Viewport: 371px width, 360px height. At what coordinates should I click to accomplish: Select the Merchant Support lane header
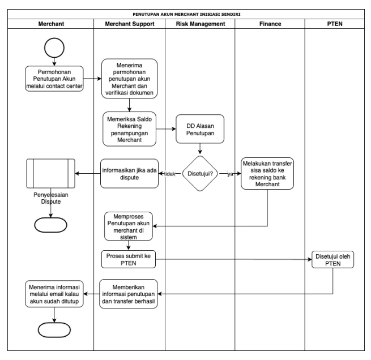[x=129, y=24]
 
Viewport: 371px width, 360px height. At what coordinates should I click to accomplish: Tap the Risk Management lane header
[x=199, y=24]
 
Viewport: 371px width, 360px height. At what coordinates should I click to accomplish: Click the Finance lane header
[x=270, y=24]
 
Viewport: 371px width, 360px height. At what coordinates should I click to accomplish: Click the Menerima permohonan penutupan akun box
[x=129, y=79]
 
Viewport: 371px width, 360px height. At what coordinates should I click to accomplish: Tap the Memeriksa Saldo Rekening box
[x=129, y=128]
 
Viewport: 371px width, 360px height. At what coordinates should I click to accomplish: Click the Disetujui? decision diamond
[x=200, y=174]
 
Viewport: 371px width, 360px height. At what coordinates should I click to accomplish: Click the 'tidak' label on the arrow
[x=168, y=174]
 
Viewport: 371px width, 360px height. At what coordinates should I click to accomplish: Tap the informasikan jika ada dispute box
[x=129, y=174]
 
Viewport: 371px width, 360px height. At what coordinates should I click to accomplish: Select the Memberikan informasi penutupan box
[x=129, y=294]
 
